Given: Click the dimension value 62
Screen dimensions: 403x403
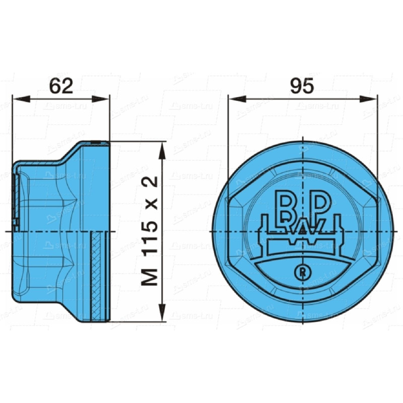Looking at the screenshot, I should [x=61, y=86].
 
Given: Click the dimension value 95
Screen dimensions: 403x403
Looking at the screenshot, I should [x=302, y=86].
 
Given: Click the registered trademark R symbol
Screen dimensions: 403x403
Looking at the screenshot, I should [x=302, y=272].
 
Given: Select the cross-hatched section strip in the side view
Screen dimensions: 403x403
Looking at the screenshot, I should [x=96, y=277].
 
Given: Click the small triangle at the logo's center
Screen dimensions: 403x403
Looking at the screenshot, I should [x=302, y=230].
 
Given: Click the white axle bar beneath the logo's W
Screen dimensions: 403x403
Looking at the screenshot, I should [x=302, y=247].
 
